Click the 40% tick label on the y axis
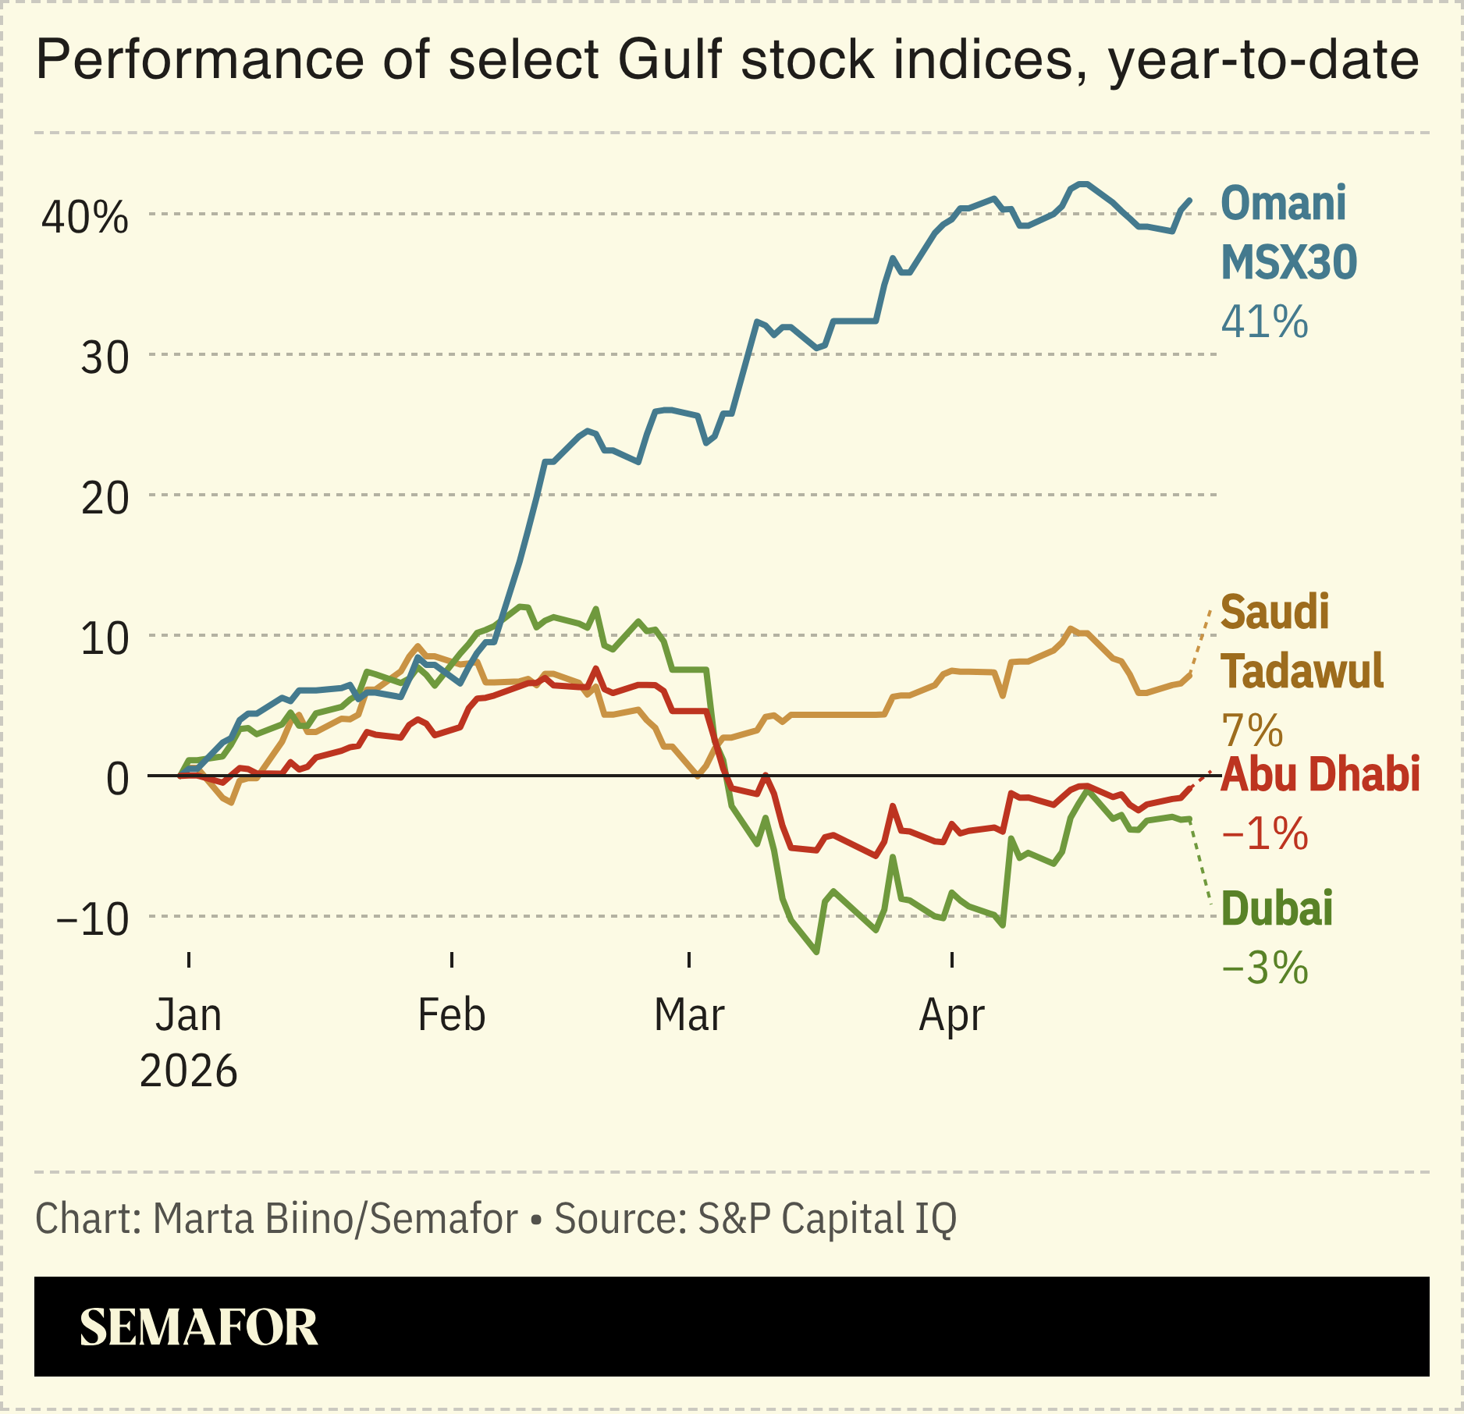[84, 218]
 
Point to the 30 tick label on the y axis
[105, 358]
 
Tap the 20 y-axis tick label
[105, 498]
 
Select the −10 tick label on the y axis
[93, 919]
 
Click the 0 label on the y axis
[117, 779]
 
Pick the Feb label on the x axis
[451, 1015]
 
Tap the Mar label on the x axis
[689, 1015]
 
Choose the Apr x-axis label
[951, 1015]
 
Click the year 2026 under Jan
[188, 1071]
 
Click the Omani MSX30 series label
[1288, 233]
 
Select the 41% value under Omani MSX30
[1264, 322]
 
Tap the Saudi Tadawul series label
[1301, 641]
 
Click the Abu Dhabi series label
[1320, 775]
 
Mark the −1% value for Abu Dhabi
[1264, 834]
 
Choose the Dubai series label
[1277, 909]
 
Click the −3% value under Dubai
[1264, 968]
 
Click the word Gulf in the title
[670, 60]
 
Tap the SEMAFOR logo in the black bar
[199, 1327]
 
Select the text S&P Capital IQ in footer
[826, 1218]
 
